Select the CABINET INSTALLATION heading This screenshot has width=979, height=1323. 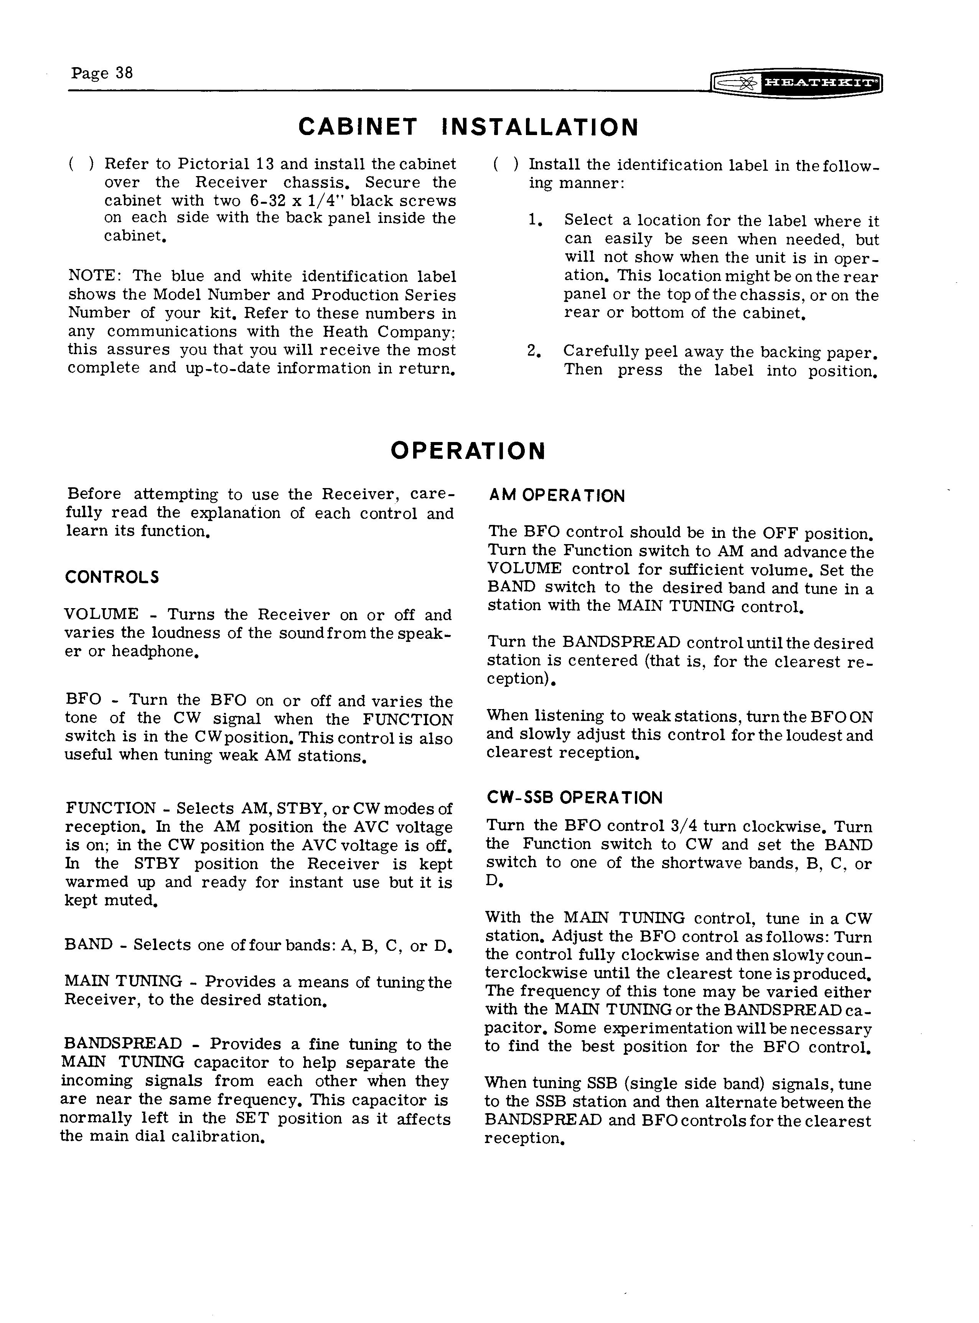tap(468, 127)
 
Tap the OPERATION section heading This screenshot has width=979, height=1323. tap(468, 451)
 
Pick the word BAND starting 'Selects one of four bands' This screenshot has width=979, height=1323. tap(88, 945)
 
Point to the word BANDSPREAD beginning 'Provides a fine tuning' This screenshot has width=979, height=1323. tap(123, 1044)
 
